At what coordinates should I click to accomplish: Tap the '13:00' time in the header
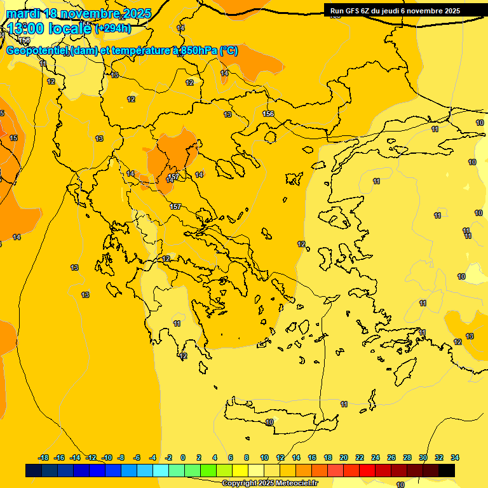click(25, 29)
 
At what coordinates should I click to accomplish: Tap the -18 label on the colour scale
click(44, 457)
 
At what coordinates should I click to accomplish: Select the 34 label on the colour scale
click(455, 457)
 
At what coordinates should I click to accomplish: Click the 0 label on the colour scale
click(183, 457)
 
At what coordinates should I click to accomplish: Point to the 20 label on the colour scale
click(344, 457)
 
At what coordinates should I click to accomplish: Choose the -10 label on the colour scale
click(107, 457)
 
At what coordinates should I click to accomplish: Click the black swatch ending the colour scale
click(447, 470)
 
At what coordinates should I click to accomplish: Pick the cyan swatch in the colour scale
click(161, 470)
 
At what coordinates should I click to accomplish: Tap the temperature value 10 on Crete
click(269, 422)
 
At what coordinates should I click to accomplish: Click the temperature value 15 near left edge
click(13, 138)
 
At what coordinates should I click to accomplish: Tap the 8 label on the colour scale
click(246, 457)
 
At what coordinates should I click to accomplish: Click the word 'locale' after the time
click(70, 29)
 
